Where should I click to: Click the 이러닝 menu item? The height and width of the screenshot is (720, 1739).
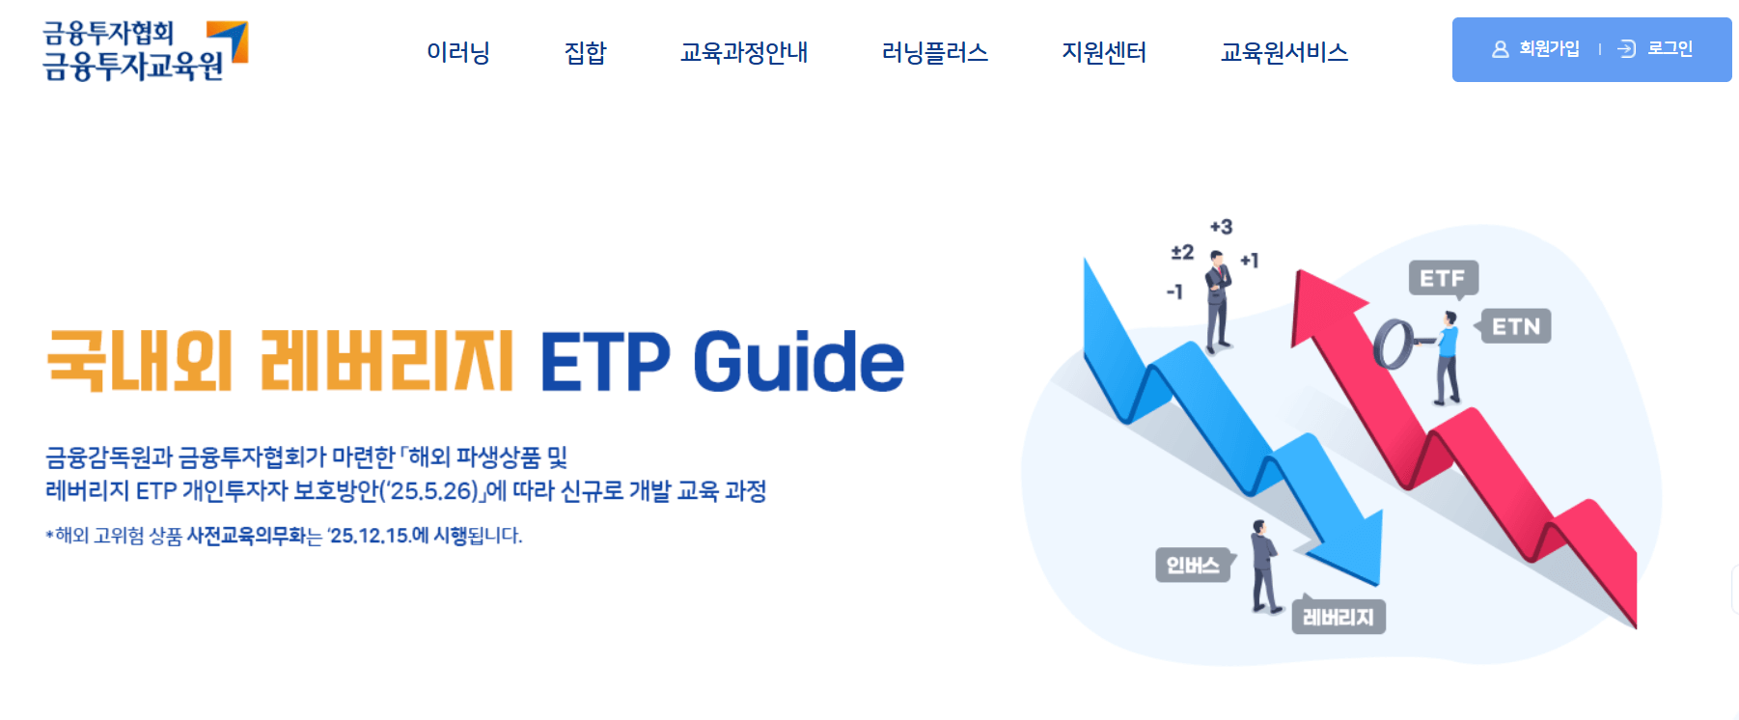click(458, 52)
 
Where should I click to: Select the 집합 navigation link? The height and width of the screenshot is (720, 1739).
click(585, 52)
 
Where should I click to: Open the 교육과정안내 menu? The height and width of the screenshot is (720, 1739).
click(743, 52)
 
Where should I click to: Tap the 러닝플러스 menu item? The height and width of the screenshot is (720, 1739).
click(934, 52)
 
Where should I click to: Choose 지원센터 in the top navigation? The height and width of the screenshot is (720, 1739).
click(1104, 52)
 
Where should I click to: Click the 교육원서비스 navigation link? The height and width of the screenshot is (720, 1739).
click(1284, 52)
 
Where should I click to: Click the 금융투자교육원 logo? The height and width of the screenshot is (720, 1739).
click(145, 50)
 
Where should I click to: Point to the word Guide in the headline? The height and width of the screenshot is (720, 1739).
click(798, 362)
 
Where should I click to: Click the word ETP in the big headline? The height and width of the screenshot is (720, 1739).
click(604, 362)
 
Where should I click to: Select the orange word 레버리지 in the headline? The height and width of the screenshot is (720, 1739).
click(386, 362)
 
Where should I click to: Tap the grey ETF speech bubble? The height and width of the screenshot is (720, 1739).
click(1443, 279)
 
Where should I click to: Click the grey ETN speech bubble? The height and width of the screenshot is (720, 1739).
click(1515, 327)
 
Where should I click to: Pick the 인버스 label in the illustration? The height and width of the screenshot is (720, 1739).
click(1193, 566)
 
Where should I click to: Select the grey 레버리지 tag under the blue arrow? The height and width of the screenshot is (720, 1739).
click(1338, 618)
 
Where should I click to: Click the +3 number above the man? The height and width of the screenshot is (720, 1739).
click(1221, 227)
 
